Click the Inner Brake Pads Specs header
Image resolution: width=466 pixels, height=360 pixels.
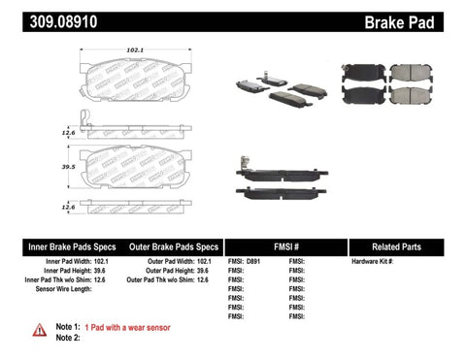tap(57, 246)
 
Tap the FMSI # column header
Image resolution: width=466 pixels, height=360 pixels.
tap(284, 246)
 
